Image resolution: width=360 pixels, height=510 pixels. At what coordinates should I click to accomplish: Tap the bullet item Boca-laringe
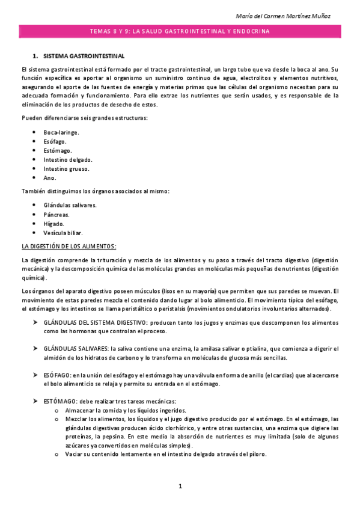pyautogui.click(x=61, y=132)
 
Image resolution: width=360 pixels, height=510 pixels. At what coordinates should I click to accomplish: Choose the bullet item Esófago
pyautogui.click(x=55, y=141)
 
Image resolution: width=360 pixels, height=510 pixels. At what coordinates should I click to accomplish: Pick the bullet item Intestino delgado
pyautogui.click(x=67, y=159)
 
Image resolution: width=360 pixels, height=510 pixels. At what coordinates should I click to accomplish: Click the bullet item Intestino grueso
pyautogui.click(x=66, y=168)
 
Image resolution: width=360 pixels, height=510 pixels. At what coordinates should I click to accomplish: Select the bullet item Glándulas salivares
pyautogui.click(x=70, y=205)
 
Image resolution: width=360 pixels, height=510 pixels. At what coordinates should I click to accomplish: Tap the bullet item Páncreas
pyautogui.click(x=56, y=214)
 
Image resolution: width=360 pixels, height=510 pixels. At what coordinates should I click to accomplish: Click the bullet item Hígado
pyautogui.click(x=53, y=223)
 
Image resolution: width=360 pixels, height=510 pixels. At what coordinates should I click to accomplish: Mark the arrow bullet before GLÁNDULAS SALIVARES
pyautogui.click(x=35, y=348)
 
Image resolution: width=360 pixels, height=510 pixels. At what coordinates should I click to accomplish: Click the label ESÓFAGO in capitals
pyautogui.click(x=57, y=375)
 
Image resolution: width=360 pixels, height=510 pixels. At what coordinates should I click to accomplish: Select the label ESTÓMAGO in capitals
pyautogui.click(x=59, y=401)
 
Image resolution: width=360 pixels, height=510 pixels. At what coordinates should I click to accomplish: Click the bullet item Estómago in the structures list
pyautogui.click(x=57, y=150)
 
